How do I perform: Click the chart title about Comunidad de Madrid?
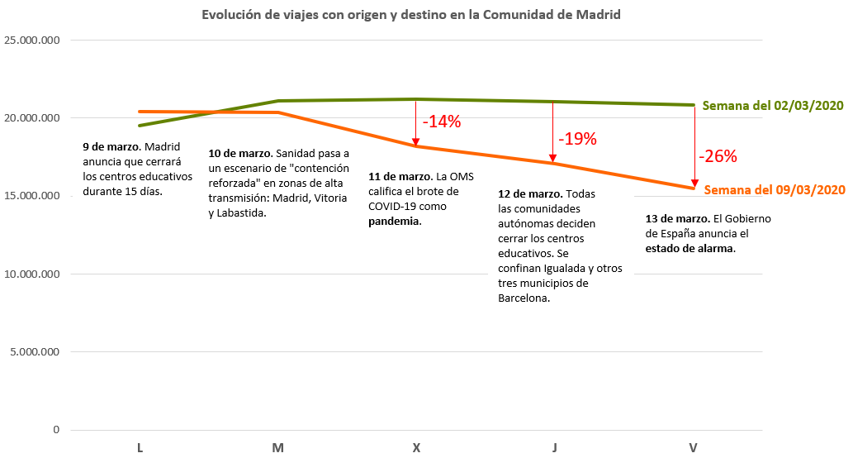click(x=410, y=16)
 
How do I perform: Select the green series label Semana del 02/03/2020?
click(x=773, y=106)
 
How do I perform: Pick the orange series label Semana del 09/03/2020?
click(x=775, y=189)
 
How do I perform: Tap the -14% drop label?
click(x=441, y=122)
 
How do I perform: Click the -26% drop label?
click(x=717, y=156)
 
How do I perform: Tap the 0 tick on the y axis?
click(x=56, y=430)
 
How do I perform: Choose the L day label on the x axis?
click(x=140, y=448)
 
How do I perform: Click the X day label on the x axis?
click(x=416, y=448)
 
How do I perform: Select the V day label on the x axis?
click(x=693, y=448)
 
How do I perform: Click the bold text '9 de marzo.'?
click(x=111, y=147)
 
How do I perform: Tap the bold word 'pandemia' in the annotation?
click(x=393, y=222)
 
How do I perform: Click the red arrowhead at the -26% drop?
click(x=694, y=184)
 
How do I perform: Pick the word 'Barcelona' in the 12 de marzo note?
click(x=523, y=298)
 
